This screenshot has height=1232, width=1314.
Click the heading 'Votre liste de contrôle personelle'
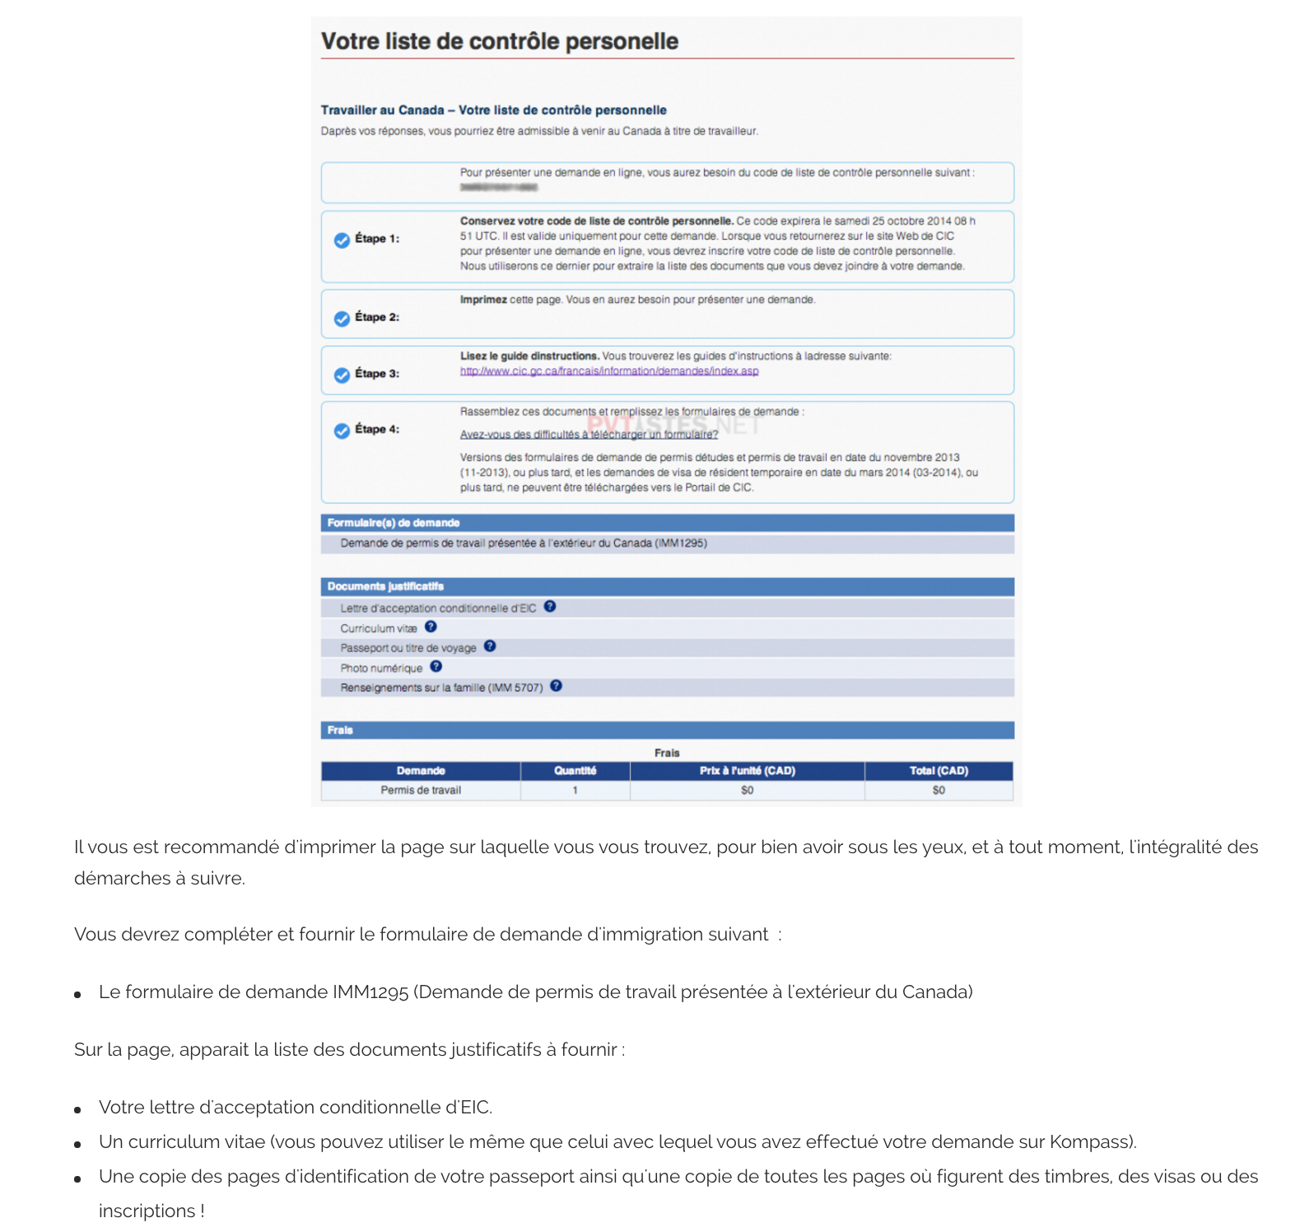point(499,41)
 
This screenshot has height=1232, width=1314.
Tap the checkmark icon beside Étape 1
point(342,240)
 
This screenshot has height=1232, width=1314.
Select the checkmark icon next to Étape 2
point(342,319)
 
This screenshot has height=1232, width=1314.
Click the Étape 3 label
point(377,374)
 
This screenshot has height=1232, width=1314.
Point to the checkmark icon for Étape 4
point(342,431)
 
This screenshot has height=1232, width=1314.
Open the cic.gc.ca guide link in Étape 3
point(609,371)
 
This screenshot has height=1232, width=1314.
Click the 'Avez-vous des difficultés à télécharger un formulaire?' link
point(589,435)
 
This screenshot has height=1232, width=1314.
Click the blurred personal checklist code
point(498,188)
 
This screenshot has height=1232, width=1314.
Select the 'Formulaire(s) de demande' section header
point(394,523)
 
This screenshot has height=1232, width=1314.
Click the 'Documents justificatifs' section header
point(385,586)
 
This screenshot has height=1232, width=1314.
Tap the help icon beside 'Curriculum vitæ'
point(431,627)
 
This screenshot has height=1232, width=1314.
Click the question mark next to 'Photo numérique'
point(436,666)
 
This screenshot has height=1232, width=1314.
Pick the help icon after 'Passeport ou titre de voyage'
point(490,646)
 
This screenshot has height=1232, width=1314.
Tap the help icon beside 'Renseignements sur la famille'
point(557,686)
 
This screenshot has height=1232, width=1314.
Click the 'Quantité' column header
point(575,771)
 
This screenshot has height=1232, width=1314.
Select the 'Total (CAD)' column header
point(939,771)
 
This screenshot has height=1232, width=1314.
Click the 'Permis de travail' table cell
point(421,791)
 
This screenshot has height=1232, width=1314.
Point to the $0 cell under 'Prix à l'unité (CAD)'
point(747,791)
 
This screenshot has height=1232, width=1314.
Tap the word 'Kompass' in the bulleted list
point(1090,1142)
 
